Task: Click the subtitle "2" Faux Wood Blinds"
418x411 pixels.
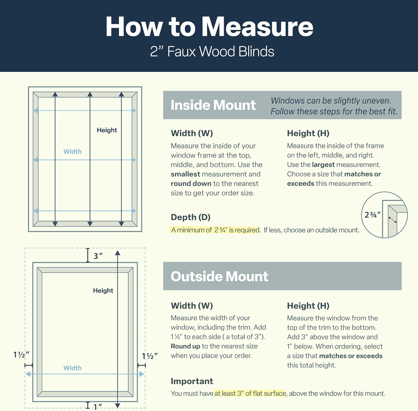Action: pos(212,52)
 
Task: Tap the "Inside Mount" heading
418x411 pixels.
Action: pos(213,105)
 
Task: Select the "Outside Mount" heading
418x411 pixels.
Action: pos(219,276)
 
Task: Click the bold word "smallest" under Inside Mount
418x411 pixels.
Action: pos(185,174)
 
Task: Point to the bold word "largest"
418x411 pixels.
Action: pos(323,165)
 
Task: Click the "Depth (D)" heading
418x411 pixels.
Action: pos(191,217)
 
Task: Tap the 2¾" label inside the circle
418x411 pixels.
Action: pos(372,215)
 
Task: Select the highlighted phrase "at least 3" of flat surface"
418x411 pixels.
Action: pos(250,393)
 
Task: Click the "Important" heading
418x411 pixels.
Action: pos(192,381)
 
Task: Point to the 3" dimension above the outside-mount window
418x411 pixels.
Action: pos(98,256)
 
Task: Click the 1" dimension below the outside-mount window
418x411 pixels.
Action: pos(98,407)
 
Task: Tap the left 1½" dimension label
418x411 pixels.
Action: pos(21,355)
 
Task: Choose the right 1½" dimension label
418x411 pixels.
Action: pos(150,356)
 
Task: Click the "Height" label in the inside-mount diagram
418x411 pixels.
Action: pos(107,130)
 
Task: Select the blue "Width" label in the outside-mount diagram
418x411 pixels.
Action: pos(72,368)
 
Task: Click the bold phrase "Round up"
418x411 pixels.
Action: pos(185,346)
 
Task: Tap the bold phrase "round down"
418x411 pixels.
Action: pos(191,184)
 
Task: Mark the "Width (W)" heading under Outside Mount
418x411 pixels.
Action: pos(192,306)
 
